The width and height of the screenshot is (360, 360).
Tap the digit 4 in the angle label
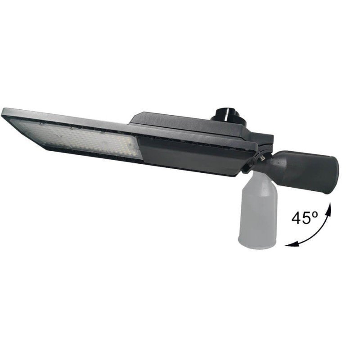tap(297, 219)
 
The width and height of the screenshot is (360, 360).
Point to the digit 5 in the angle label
tap(307, 219)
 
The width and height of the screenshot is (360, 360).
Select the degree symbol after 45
tap(315, 215)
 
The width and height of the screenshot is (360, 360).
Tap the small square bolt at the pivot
tap(261, 158)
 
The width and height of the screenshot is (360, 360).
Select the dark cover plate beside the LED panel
tap(189, 155)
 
